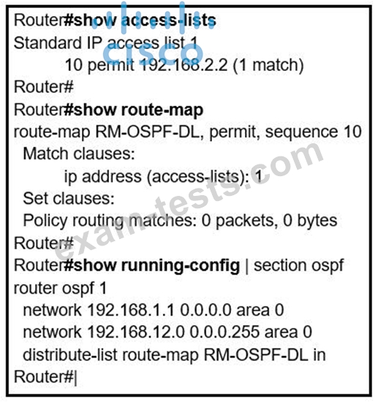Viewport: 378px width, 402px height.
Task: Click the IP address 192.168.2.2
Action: click(184, 65)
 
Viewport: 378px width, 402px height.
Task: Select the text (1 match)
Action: click(268, 65)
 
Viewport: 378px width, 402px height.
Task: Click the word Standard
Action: click(48, 42)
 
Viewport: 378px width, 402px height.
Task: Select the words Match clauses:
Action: click(79, 153)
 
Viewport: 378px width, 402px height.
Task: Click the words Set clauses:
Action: click(69, 198)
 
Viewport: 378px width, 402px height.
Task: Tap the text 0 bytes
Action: click(311, 221)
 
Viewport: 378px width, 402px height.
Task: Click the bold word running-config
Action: click(181, 266)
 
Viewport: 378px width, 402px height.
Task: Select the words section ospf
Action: click(299, 266)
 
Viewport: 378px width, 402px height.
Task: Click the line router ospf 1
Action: click(60, 289)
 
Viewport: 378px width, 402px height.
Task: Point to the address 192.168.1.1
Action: click(131, 310)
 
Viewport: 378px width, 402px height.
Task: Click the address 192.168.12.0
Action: click(136, 333)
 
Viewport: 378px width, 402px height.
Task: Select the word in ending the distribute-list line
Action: click(320, 354)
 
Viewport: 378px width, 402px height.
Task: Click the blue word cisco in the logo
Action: click(153, 53)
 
